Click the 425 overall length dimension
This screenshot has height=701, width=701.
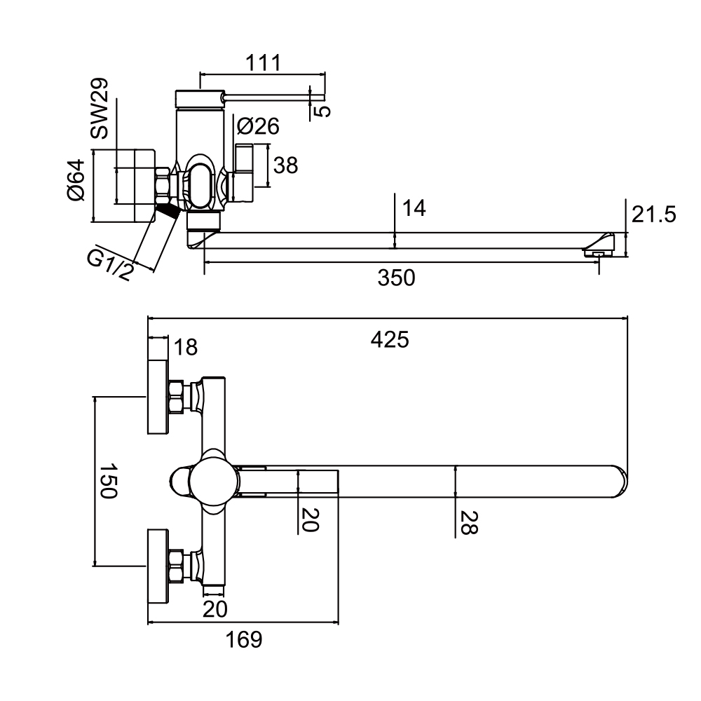pos(389,340)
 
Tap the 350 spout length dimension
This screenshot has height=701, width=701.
pos(396,278)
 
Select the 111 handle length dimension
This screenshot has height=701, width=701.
pos(264,63)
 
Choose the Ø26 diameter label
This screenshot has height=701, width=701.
pos(258,126)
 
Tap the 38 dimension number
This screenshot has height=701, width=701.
pos(286,165)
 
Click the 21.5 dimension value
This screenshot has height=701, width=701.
pos(653,215)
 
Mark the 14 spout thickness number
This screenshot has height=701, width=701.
pos(414,208)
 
